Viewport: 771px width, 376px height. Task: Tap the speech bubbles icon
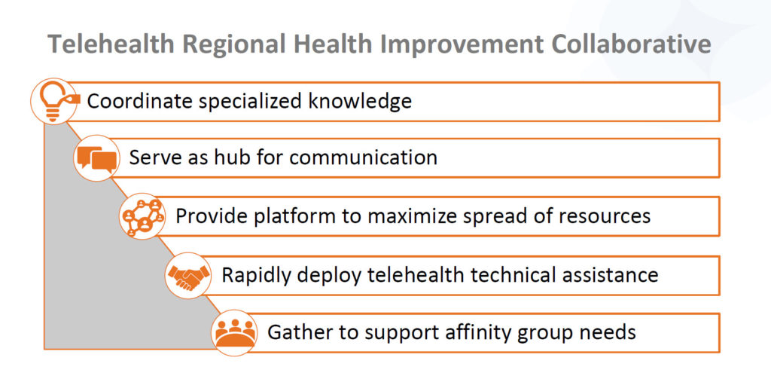pos(97,158)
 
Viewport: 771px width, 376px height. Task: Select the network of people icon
pos(142,216)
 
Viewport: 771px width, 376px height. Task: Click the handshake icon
pos(187,276)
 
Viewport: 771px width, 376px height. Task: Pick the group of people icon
pos(235,333)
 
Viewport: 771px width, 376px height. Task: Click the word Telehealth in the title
pos(111,44)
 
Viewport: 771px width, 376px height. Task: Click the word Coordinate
pos(139,102)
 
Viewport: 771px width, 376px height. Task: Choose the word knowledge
pos(360,102)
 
